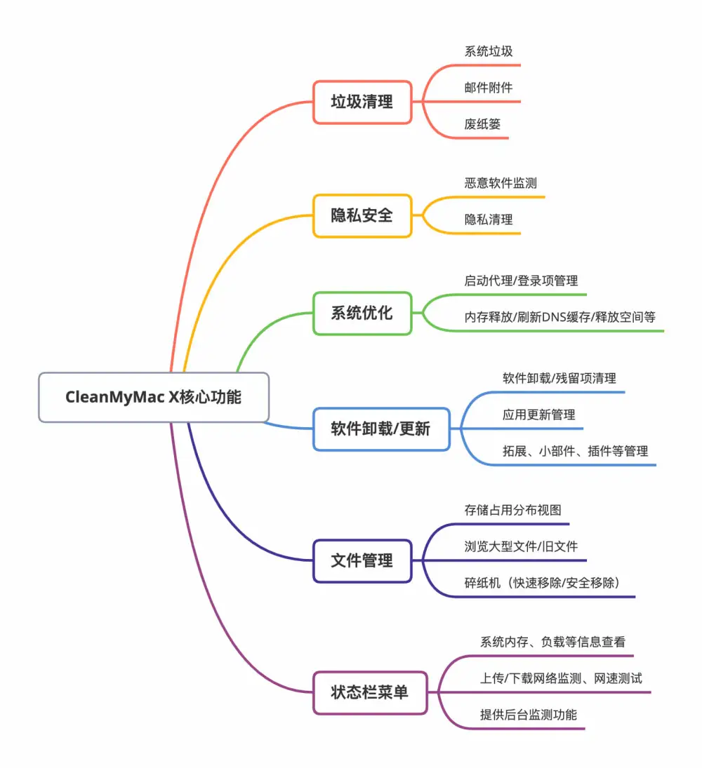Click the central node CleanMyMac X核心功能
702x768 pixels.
click(x=154, y=397)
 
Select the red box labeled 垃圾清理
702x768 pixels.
click(x=362, y=102)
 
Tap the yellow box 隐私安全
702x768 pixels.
click(x=362, y=215)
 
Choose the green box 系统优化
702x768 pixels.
click(x=362, y=313)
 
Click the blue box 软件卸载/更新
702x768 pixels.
click(x=381, y=429)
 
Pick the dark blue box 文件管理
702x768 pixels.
click(x=362, y=561)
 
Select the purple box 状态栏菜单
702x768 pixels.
click(x=370, y=692)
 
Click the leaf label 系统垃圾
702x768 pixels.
click(x=489, y=51)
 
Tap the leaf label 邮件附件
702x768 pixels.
click(x=489, y=88)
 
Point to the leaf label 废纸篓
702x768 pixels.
click(x=482, y=124)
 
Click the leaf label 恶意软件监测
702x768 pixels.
click(x=501, y=183)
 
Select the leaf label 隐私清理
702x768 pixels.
click(x=489, y=220)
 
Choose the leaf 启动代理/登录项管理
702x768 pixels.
click(x=521, y=281)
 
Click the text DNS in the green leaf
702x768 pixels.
click(x=554, y=318)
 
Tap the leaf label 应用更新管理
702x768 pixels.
click(x=538, y=415)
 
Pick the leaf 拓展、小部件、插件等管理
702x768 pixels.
click(x=575, y=451)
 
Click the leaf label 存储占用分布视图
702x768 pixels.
click(x=512, y=511)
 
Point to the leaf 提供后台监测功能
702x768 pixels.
click(x=529, y=715)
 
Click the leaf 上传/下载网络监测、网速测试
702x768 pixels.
click(x=561, y=678)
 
